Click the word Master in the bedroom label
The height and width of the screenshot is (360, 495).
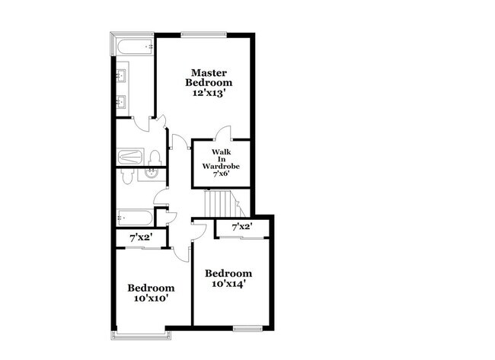(211, 72)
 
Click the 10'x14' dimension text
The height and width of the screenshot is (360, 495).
(228, 284)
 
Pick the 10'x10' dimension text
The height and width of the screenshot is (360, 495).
(151, 298)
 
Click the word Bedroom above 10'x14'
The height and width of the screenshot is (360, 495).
(228, 273)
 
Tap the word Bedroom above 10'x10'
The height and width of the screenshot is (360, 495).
(151, 288)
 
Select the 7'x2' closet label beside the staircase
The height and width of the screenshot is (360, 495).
(241, 226)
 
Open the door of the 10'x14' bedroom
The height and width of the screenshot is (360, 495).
(199, 230)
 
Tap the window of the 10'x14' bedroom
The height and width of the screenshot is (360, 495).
(246, 328)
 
